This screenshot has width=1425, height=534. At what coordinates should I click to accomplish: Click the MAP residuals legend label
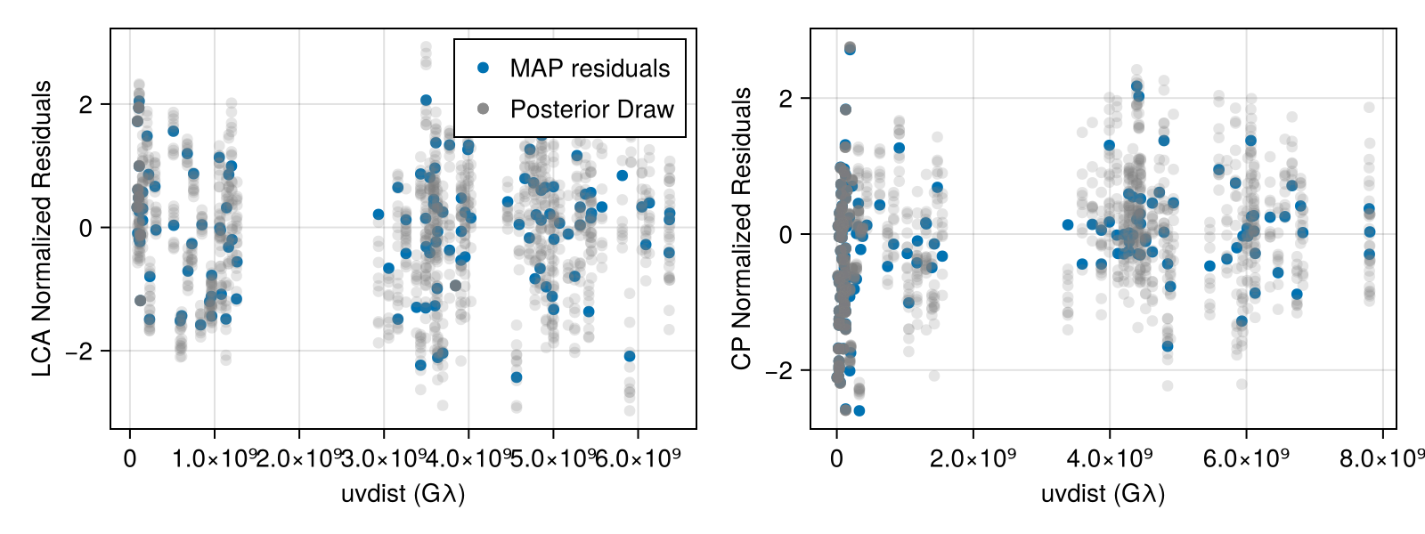[x=590, y=69]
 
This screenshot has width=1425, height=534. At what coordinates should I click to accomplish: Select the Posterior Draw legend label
[x=591, y=109]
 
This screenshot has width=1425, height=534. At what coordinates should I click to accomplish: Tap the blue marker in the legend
[x=484, y=68]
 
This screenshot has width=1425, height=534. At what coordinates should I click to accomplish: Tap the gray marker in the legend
[x=484, y=109]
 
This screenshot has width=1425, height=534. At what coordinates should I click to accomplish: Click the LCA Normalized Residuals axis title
[x=42, y=229]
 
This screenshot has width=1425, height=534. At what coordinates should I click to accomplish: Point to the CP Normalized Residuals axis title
[x=742, y=229]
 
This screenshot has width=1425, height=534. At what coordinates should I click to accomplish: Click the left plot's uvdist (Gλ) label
[x=403, y=493]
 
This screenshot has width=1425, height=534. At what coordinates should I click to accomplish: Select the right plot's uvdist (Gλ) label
[x=1103, y=493]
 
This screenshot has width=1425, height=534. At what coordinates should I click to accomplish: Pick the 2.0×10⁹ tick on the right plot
[x=973, y=459]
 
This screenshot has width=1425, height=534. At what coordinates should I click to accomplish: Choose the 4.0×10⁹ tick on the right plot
[x=1109, y=459]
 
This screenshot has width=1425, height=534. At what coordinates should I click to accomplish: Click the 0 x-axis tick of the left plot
[x=130, y=459]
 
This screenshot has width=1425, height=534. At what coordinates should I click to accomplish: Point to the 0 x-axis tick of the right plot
[x=836, y=459]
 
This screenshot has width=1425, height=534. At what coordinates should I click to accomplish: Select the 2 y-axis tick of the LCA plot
[x=85, y=104]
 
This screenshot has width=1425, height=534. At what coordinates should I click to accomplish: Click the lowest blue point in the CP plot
[x=859, y=410]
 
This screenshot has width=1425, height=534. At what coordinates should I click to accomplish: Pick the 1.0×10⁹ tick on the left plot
[x=214, y=459]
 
